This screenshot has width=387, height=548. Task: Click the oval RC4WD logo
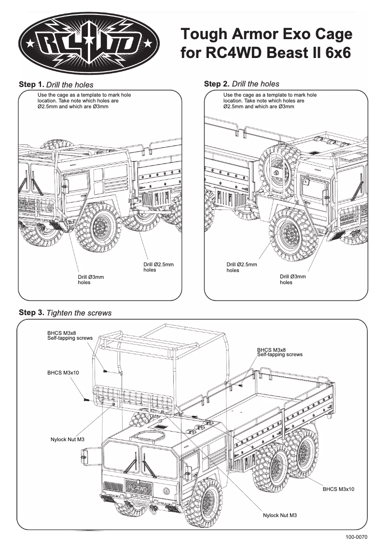(x=91, y=43)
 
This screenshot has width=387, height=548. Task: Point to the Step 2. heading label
(x=217, y=84)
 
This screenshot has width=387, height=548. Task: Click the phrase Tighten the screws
(x=79, y=313)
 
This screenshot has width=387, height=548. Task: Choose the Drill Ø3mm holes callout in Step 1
(x=91, y=279)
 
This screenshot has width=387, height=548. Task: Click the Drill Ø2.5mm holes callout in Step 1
(x=158, y=267)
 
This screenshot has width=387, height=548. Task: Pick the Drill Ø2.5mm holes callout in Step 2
(x=241, y=267)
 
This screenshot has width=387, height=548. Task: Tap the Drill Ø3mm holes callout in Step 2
(x=292, y=279)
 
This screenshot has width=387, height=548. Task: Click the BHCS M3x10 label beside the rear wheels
(x=338, y=489)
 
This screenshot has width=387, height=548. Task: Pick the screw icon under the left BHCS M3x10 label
(x=85, y=399)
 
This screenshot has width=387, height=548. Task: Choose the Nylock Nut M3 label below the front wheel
(x=280, y=515)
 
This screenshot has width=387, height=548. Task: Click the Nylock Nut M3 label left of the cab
(x=68, y=439)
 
